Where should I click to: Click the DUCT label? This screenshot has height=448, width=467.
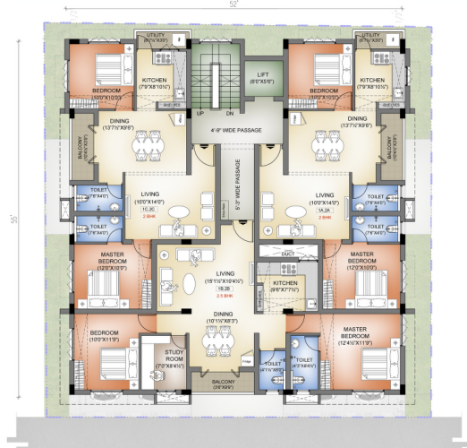click(287, 254)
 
